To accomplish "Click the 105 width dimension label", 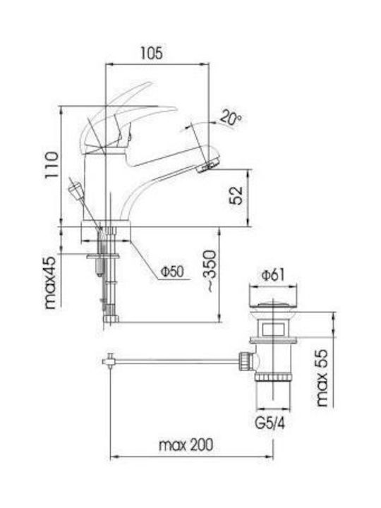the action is click(x=151, y=53).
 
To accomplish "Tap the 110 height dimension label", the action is click(x=52, y=164).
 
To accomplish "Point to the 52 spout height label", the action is click(x=236, y=195).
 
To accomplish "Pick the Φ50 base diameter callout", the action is click(x=172, y=272).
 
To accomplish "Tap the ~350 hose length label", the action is click(x=211, y=271).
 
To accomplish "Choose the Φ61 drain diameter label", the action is click(x=273, y=275).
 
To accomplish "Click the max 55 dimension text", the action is click(x=322, y=377).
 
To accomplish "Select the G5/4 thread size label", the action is click(x=270, y=423).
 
